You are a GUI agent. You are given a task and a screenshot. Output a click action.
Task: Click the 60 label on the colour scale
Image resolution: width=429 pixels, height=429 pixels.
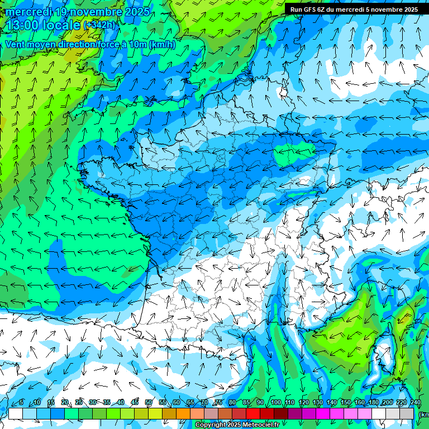[x=176, y=402]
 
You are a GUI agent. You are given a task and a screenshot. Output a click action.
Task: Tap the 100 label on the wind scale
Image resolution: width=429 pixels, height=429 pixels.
[x=275, y=402]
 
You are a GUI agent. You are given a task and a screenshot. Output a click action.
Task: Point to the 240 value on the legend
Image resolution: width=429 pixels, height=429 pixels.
[x=415, y=402]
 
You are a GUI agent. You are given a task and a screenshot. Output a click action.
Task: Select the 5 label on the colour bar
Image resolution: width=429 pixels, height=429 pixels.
[x=21, y=402]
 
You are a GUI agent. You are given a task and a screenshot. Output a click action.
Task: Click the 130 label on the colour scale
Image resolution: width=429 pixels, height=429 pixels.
[x=317, y=402]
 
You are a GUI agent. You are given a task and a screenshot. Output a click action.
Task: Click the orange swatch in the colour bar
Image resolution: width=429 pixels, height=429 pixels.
[x=183, y=413]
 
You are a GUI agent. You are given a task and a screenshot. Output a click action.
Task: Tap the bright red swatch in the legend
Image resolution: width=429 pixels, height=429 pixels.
[x=253, y=413]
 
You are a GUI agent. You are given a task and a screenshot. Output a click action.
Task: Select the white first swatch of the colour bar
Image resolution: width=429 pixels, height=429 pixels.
[x=16, y=413]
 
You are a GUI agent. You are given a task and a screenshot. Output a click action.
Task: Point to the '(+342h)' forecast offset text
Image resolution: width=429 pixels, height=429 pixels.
[x=99, y=25]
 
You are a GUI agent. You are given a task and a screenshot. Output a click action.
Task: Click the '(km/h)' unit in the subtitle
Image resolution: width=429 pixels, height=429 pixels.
[x=162, y=45]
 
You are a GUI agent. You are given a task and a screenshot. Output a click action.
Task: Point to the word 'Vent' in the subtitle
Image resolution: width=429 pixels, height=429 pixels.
[x=16, y=45]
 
